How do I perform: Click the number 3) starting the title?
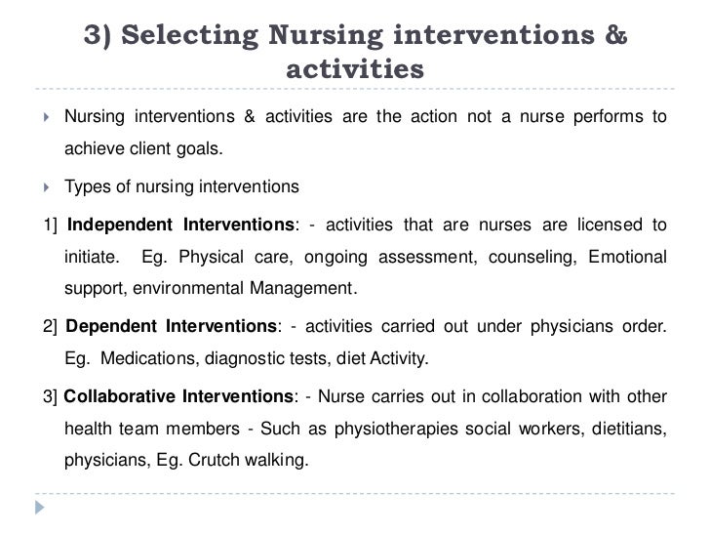click(100, 37)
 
